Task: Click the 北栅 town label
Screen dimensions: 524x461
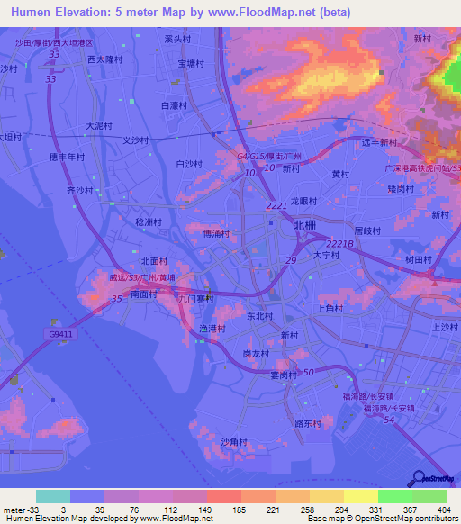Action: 304,227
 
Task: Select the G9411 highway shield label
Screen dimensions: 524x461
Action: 61,333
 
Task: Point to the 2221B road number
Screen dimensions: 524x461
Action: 339,244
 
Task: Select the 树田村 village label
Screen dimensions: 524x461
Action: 419,259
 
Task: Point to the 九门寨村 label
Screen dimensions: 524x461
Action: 195,299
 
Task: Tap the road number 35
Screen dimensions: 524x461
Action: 118,311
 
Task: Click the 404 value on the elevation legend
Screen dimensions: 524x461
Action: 441,509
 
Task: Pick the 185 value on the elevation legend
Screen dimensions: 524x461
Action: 240,509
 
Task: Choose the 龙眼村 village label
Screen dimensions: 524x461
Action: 304,202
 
